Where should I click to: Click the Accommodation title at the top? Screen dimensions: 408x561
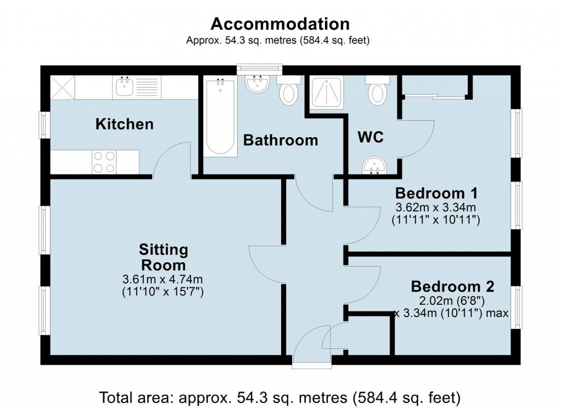point(280,24)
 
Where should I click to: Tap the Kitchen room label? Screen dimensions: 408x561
point(124,124)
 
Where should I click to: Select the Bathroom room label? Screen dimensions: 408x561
point(280,140)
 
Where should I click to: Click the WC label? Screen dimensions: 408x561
point(370,137)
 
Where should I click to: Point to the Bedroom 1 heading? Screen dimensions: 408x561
point(437,193)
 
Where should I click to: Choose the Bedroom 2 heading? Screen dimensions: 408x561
point(453,286)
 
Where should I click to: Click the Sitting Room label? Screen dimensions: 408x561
point(163,258)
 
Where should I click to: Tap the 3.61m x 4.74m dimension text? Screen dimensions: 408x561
point(163,279)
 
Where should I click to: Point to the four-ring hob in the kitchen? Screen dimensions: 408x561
point(104,162)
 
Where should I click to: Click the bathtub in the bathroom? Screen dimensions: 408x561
point(220,116)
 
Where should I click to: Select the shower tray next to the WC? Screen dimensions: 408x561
point(327,93)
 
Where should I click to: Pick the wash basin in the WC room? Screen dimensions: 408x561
point(375,165)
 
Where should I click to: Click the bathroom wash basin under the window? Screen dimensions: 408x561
point(257,85)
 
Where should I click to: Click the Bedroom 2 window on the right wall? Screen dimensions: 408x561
point(517,307)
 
